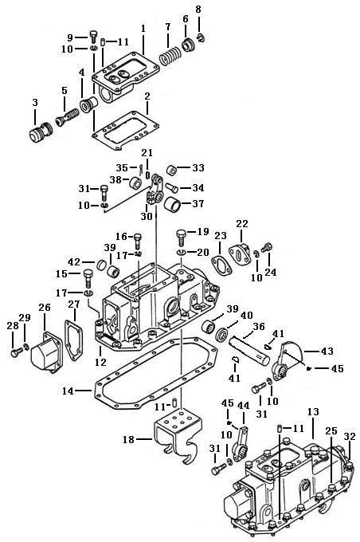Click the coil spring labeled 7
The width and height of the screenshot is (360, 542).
tap(170, 57)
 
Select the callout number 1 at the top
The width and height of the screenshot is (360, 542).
tap(143, 29)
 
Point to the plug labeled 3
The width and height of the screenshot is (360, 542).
tap(39, 132)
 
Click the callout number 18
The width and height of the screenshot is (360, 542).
tap(128, 439)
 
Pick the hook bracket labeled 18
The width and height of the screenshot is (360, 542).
tap(177, 434)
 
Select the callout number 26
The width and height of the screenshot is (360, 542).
tap(45, 308)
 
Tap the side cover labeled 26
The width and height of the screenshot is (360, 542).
tap(47, 352)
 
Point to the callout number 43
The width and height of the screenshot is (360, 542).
tap(327, 352)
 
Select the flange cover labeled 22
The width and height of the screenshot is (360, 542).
tap(239, 255)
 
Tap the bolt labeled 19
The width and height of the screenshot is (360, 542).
tap(182, 238)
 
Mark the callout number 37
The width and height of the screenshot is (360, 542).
tap(198, 203)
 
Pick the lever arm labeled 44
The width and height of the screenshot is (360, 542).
tap(240, 445)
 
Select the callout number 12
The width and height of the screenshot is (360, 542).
tap(100, 362)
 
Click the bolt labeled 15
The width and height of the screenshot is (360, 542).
tap(88, 277)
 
